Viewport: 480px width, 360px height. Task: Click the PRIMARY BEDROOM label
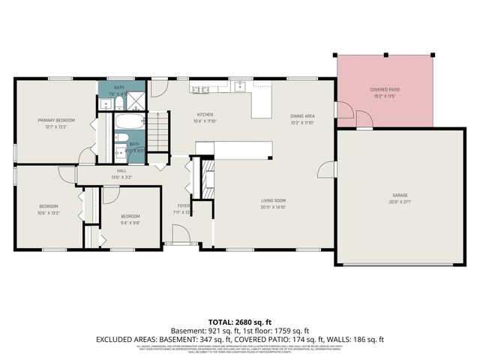pyautogui.click(x=56, y=120)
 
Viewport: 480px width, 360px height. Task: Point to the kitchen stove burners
pyautogui.click(x=200, y=91)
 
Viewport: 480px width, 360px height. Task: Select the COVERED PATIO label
pyautogui.click(x=384, y=90)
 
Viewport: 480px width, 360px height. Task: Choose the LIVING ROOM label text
pyautogui.click(x=274, y=200)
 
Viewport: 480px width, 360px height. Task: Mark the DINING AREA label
pyautogui.click(x=302, y=116)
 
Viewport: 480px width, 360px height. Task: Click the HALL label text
pyautogui.click(x=121, y=171)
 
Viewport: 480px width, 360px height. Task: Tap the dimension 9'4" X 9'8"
pyautogui.click(x=130, y=223)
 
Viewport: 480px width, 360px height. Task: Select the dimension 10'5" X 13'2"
pyautogui.click(x=49, y=212)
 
